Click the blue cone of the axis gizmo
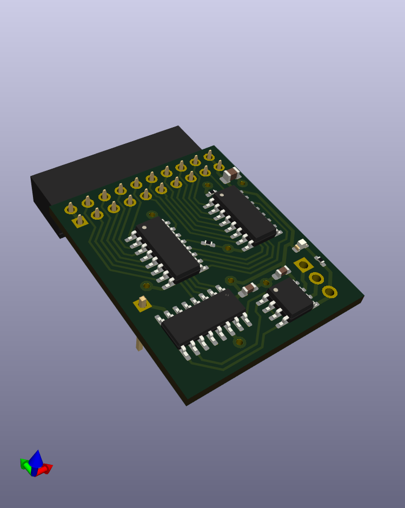[x=36, y=459]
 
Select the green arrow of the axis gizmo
[x=24, y=464]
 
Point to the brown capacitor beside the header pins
[x=231, y=174]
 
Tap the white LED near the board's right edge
[x=301, y=245]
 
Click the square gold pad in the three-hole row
[x=303, y=265]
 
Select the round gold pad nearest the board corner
[x=329, y=292]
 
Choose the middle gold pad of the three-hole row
[x=316, y=278]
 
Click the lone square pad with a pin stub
[x=142, y=304]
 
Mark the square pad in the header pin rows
[x=80, y=220]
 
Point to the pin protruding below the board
[x=139, y=344]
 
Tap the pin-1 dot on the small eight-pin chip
[x=276, y=291]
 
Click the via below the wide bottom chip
[x=239, y=342]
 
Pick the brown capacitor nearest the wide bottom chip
[x=249, y=289]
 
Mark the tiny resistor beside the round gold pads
[x=321, y=261]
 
